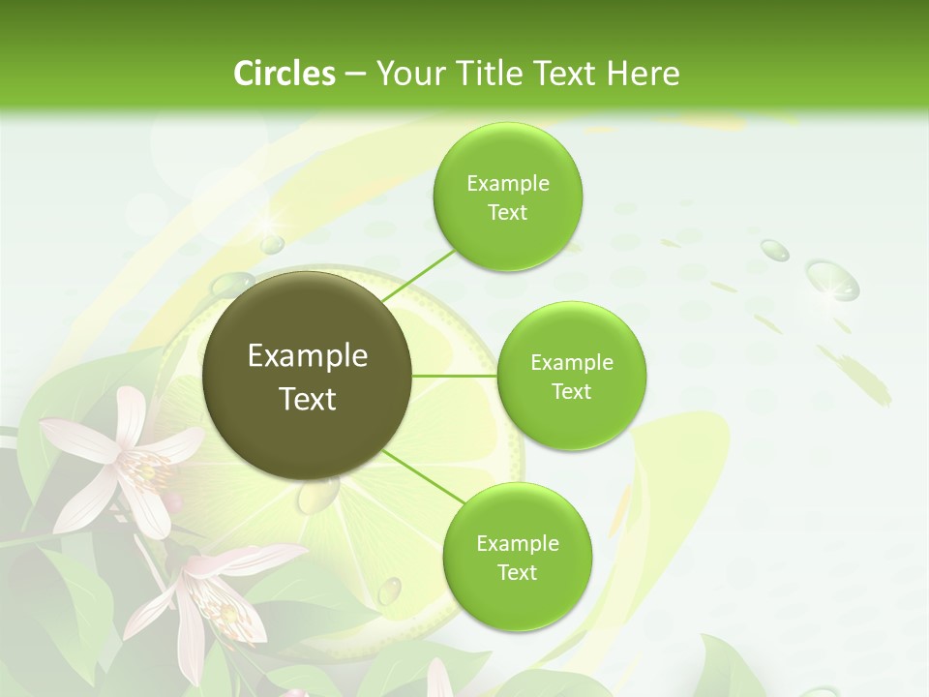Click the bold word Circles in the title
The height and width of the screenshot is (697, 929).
[x=284, y=74]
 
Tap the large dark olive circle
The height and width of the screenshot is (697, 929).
[x=308, y=376]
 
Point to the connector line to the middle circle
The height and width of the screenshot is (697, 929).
[x=455, y=376]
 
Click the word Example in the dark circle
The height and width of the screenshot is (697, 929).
[x=308, y=356]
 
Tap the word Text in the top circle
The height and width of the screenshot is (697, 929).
[x=508, y=213]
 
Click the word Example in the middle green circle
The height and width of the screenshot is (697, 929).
[x=572, y=363]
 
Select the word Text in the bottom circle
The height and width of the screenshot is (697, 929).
[x=517, y=572]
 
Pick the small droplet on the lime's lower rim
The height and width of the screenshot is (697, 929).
[x=389, y=589]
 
